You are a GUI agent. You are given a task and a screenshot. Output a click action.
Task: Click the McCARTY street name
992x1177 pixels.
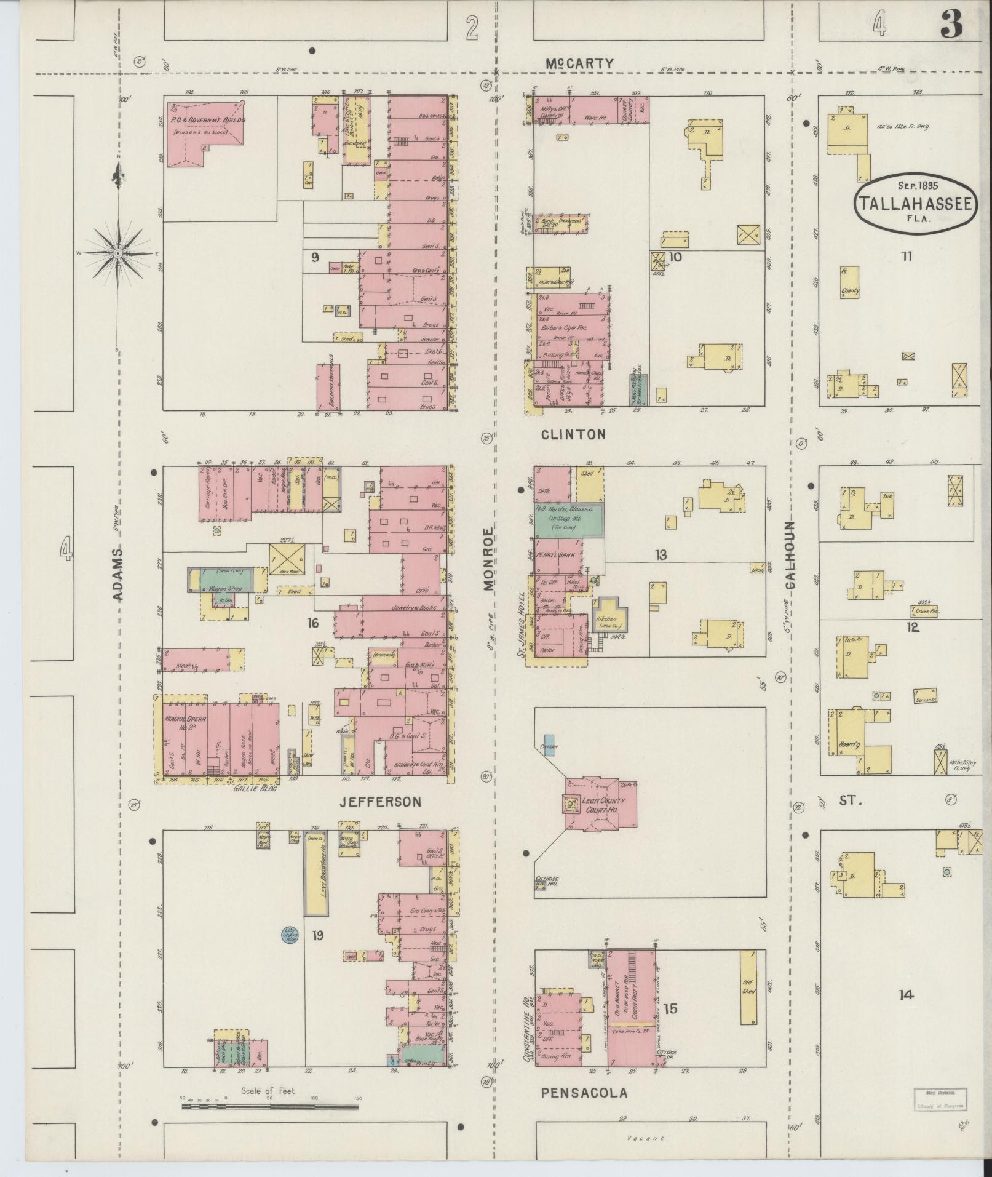click(x=580, y=63)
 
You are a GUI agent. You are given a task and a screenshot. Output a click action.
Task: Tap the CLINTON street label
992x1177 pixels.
click(x=573, y=434)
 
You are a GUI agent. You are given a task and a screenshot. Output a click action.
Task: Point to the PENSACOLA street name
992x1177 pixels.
click(x=584, y=1093)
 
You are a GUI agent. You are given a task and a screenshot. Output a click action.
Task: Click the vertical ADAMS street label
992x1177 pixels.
click(x=119, y=574)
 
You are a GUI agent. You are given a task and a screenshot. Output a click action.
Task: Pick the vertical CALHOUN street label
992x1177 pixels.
click(x=791, y=555)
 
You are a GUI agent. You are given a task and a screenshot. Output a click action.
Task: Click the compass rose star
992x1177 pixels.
click(x=117, y=253)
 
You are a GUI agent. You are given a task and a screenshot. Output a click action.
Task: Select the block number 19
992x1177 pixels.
click(x=317, y=936)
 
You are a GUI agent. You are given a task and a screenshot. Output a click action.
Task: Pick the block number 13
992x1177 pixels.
click(x=661, y=556)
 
